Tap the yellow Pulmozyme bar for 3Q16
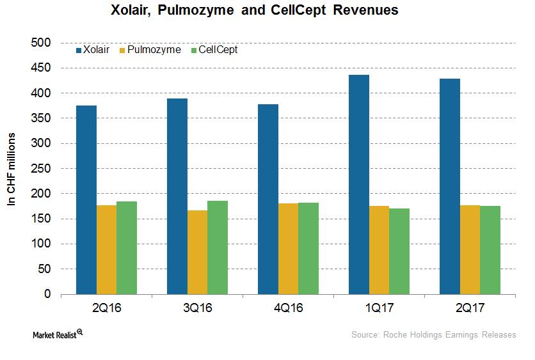coord(197,252)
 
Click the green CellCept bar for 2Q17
coord(490,250)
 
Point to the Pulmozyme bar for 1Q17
coord(379,250)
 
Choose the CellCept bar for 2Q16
coord(126,247)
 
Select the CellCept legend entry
coord(215,49)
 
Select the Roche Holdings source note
coord(433,334)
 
